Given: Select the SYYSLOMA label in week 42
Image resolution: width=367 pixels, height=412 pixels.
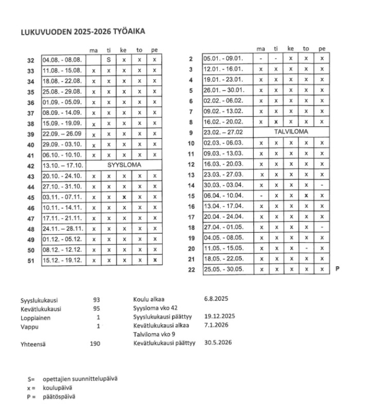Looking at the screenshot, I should coord(124,165).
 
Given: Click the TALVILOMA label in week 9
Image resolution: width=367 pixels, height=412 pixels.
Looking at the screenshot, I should coord(291,132).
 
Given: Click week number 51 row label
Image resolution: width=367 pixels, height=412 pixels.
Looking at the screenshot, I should coord(30,261).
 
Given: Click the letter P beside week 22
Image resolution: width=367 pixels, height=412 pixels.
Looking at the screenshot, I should coord(337,269).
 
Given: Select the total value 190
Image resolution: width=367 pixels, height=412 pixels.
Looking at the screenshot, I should coord(94,343).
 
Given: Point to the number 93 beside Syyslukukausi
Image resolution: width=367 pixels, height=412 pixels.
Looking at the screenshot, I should coord(96,299).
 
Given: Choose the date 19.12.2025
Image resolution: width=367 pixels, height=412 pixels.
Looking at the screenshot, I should coord(220,316).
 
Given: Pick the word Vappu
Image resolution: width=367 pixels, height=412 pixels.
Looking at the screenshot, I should coord(29,325).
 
